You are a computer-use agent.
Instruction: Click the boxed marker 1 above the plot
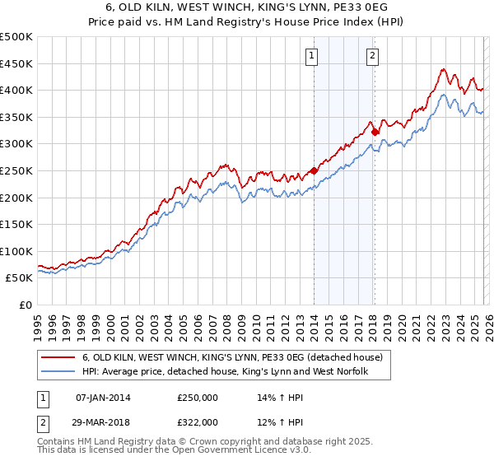[313, 56]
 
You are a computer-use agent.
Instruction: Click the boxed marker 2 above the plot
[373, 56]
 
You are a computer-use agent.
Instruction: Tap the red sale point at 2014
[314, 171]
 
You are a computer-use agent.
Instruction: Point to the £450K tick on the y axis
[16, 63]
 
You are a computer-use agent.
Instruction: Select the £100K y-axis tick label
[16, 251]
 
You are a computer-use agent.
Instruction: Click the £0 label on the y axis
[25, 305]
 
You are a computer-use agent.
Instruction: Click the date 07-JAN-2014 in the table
[103, 398]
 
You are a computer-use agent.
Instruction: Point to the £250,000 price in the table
[198, 398]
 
